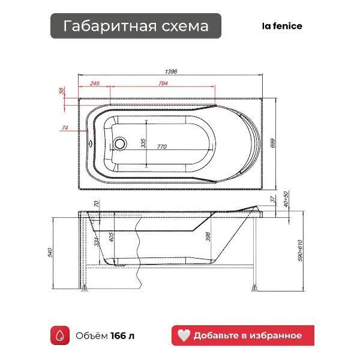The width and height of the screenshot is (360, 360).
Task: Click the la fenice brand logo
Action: (x=282, y=26)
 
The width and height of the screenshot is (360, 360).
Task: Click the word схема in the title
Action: (x=185, y=26)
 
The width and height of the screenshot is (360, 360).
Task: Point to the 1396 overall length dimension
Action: (x=171, y=71)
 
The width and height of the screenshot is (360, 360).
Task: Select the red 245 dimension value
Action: (x=95, y=83)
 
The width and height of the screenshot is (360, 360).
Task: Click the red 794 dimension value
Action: (x=163, y=83)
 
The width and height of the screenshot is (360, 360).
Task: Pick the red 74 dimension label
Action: (x=65, y=127)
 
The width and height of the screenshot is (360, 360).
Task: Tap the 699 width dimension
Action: (x=273, y=143)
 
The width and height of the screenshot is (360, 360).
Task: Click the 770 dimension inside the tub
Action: (x=162, y=146)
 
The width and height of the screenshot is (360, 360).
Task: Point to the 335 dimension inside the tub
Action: (x=143, y=143)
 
